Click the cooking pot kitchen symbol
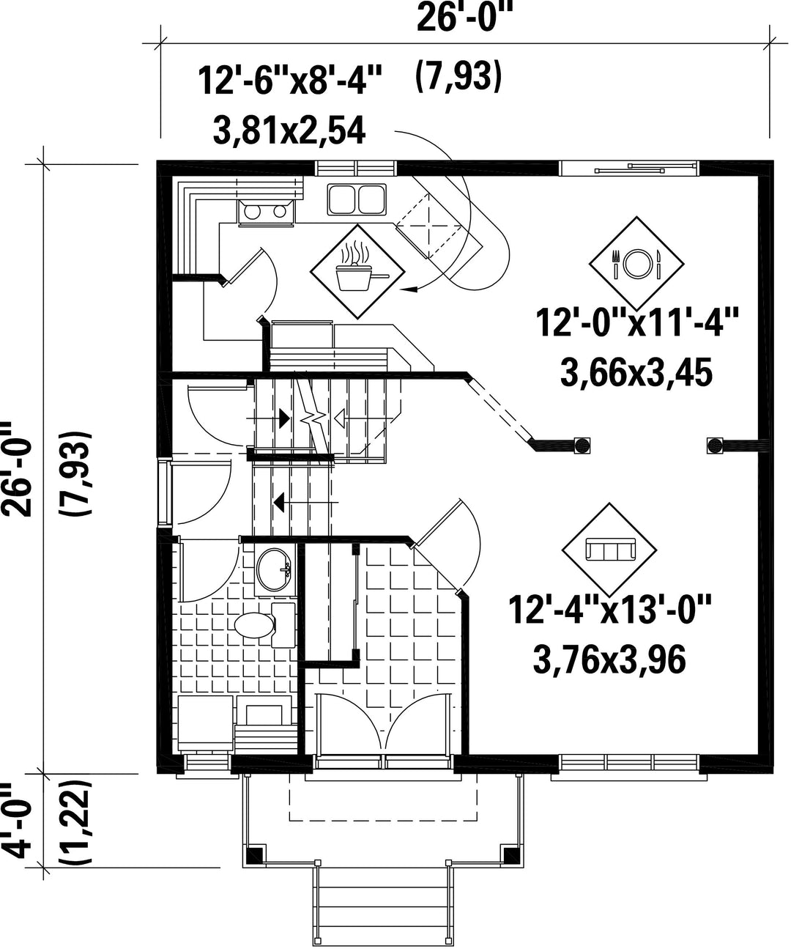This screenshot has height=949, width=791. pyautogui.click(x=357, y=271)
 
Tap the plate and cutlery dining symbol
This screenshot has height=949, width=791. pyautogui.click(x=636, y=263)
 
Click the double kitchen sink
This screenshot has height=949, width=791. pyautogui.click(x=357, y=199)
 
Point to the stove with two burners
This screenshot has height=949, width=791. pyautogui.click(x=267, y=211)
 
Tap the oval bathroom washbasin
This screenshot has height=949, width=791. pyautogui.click(x=274, y=569)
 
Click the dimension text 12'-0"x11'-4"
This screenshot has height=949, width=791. pyautogui.click(x=637, y=322)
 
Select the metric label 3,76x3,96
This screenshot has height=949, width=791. pyautogui.click(x=609, y=660)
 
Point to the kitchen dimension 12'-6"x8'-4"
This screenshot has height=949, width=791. pyautogui.click(x=290, y=81)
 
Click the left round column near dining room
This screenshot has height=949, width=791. pyautogui.click(x=582, y=445)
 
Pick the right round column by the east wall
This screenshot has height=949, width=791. pyautogui.click(x=715, y=445)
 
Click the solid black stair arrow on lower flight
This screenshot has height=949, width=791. pyautogui.click(x=280, y=502)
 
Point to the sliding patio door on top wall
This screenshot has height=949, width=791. pyautogui.click(x=629, y=168)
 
